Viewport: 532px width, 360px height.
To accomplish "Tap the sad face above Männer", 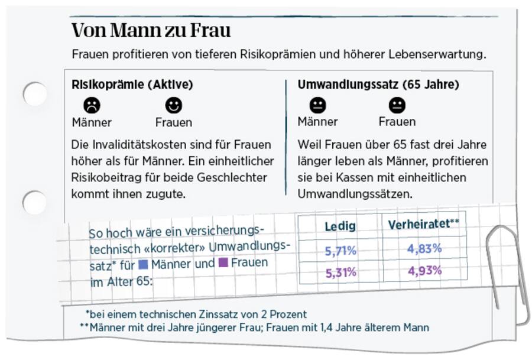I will tap(92, 105).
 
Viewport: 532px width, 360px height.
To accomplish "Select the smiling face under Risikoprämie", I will tap(173, 105).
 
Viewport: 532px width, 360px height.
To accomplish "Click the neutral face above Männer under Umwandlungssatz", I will tap(317, 105).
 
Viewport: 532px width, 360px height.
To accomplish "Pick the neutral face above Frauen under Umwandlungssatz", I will tap(397, 105).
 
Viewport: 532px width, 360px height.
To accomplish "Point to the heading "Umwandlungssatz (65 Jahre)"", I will tap(378, 85).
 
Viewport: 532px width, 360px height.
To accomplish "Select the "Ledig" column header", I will tap(340, 226).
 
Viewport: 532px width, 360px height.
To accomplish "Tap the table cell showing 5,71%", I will tap(340, 251).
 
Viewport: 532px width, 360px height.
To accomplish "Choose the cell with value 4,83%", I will tap(424, 248).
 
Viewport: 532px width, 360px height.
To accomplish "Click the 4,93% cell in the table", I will tap(424, 271).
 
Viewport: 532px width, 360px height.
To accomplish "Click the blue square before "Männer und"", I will tap(143, 265).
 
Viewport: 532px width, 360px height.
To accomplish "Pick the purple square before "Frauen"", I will tap(223, 262).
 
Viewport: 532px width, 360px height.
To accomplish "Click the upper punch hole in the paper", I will tap(34, 94).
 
